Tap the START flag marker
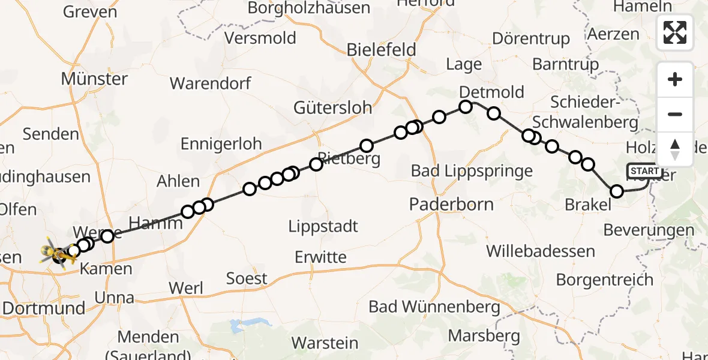tap(644, 172)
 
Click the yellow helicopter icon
tap(59, 252)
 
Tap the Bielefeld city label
tap(381, 50)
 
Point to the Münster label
tap(94, 79)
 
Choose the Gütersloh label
tap(332, 108)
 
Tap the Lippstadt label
tap(323, 227)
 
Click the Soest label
tap(247, 278)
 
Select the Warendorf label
tap(211, 83)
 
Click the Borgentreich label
tap(604, 280)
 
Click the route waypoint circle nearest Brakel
tap(617, 191)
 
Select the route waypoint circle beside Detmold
tap(466, 107)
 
